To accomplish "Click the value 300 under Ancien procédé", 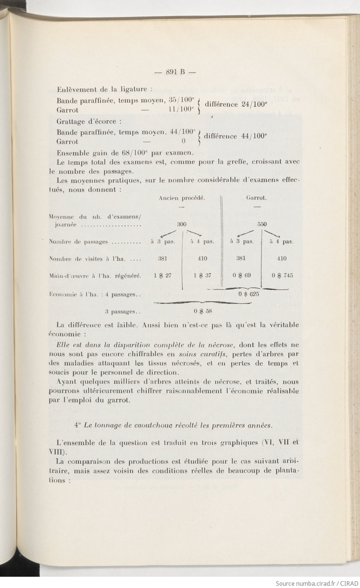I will click(x=181, y=224).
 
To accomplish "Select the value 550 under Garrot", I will click(x=262, y=224).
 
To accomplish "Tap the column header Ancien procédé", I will click(x=182, y=198).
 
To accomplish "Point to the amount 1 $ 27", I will click(x=163, y=275).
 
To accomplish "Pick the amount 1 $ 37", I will click(x=202, y=275).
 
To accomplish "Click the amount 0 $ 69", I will click(x=242, y=275).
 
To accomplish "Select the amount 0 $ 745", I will click(x=282, y=275).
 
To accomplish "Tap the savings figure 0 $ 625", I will click(x=249, y=294).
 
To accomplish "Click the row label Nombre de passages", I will click(x=95, y=242).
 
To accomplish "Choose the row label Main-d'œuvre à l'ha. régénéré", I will click(x=95, y=276).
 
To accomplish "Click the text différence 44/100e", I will click(x=235, y=136).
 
